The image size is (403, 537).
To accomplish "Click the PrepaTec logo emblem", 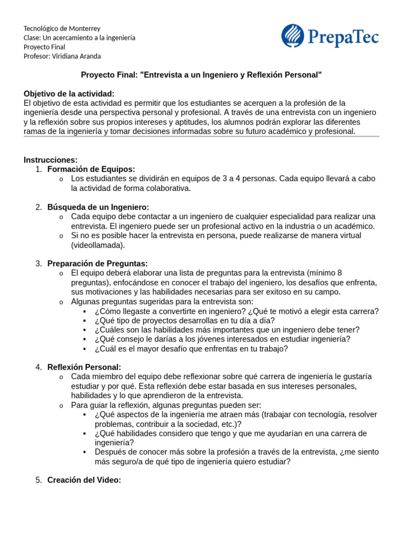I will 293,36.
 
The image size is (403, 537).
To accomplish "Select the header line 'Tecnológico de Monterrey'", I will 62,28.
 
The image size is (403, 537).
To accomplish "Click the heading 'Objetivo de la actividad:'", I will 69,93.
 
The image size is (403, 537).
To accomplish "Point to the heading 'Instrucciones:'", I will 50,160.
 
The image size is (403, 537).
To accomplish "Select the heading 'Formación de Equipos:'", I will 91,169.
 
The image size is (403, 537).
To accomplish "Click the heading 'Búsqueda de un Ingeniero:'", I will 98,207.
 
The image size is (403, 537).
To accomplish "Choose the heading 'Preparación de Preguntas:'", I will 97,263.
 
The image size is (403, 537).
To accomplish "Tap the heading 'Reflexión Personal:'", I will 84,367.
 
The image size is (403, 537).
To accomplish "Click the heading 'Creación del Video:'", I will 84,480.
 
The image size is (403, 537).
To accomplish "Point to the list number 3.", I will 38,263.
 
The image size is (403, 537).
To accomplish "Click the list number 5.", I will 38,480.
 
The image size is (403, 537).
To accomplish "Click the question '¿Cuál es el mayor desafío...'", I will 191,349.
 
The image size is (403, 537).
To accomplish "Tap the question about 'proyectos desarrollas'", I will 184,320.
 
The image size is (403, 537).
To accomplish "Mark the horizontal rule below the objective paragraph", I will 201,137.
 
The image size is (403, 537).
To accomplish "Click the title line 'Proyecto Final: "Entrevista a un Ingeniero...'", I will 201,75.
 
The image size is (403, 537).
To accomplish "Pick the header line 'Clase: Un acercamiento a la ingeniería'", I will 79,38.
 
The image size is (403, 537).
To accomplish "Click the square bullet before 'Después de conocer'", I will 84,452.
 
